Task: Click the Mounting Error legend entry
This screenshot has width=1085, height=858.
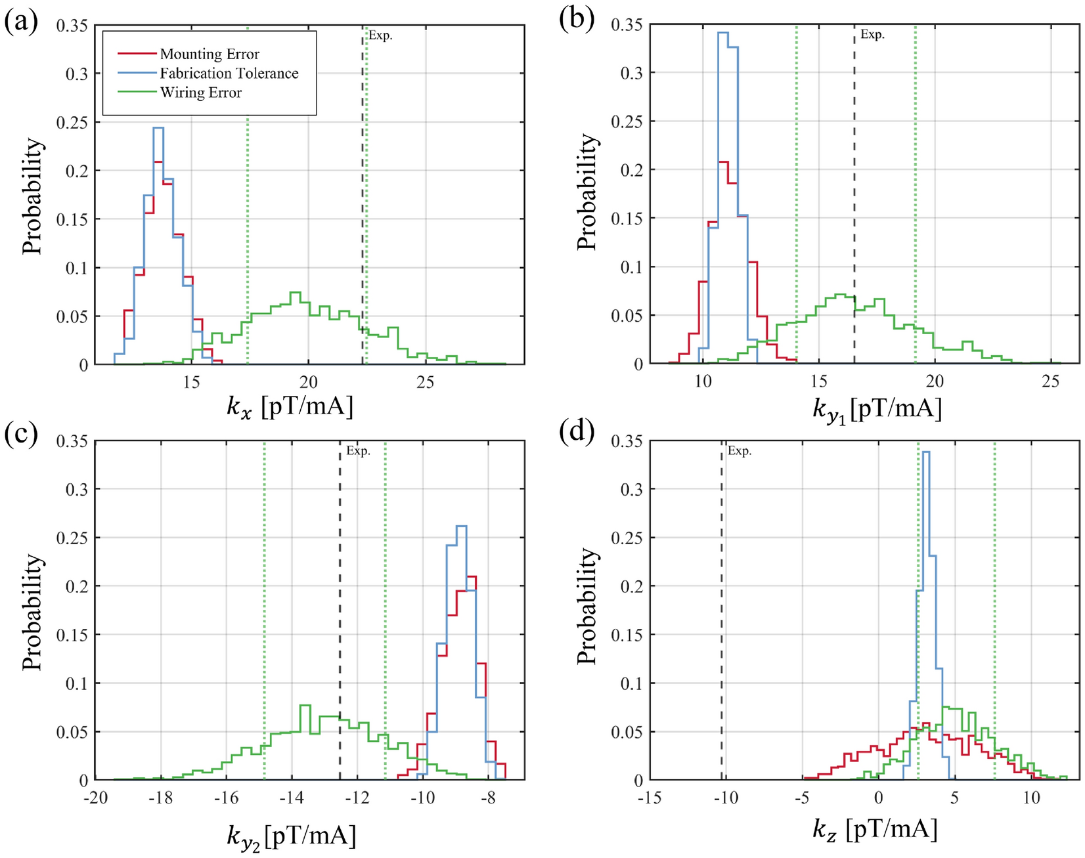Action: click(209, 54)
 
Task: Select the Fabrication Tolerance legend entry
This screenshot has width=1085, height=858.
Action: click(229, 73)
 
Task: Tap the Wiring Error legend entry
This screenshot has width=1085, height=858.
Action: click(200, 93)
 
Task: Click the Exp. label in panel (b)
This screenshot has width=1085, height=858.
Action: click(872, 35)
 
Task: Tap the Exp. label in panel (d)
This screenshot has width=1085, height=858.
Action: click(739, 451)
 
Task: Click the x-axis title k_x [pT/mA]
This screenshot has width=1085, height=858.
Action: click(290, 408)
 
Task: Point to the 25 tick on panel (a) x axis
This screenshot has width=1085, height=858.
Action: click(425, 382)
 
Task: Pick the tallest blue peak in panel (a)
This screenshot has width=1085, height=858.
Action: click(158, 129)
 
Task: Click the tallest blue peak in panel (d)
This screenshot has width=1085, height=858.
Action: click(926, 452)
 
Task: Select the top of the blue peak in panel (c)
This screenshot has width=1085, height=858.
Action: click(461, 526)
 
